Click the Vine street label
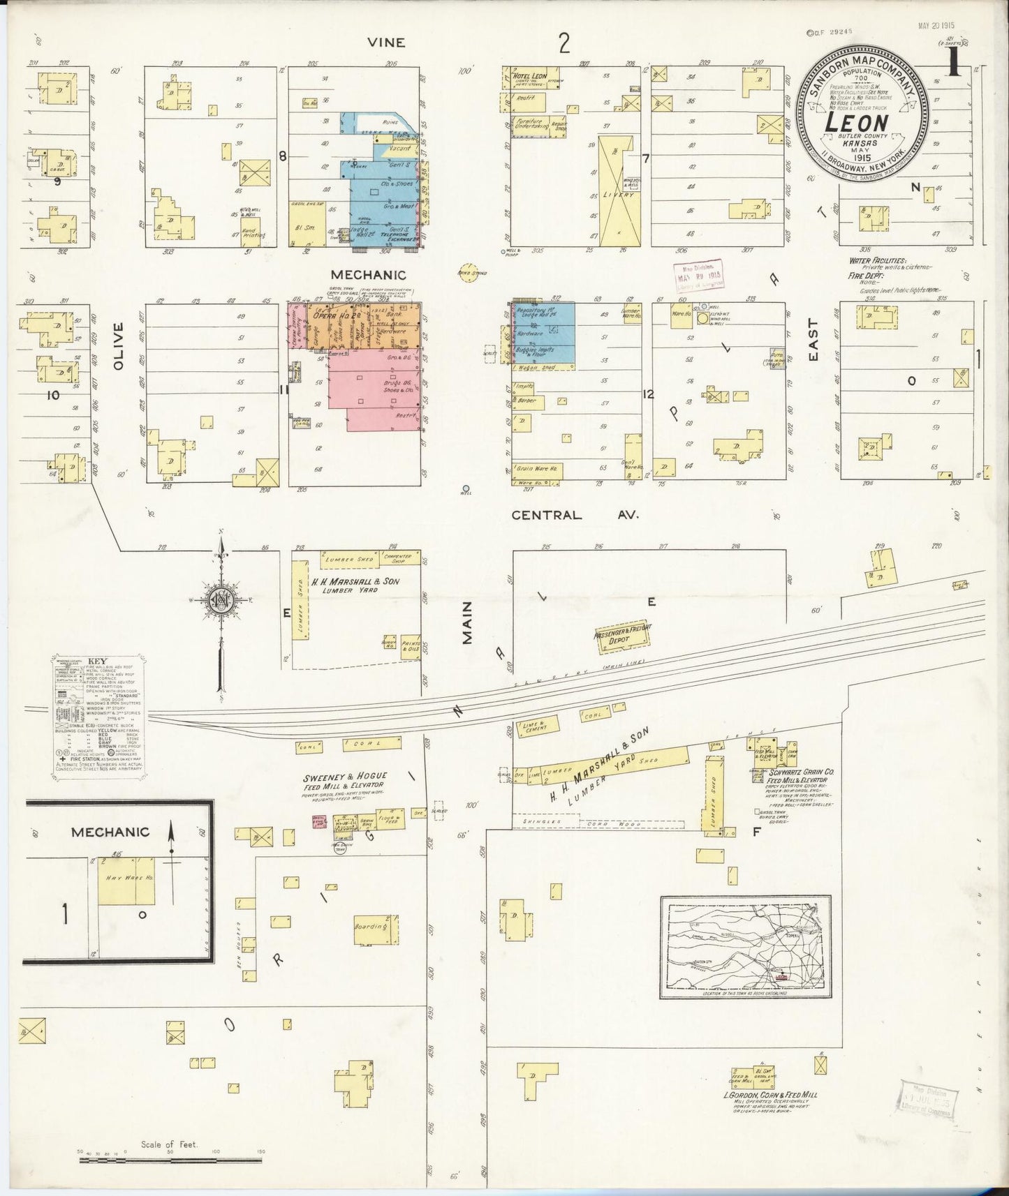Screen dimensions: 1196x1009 (x=388, y=43)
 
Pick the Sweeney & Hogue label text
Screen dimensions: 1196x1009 (x=345, y=776)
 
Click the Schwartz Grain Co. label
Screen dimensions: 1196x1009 (x=795, y=772)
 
